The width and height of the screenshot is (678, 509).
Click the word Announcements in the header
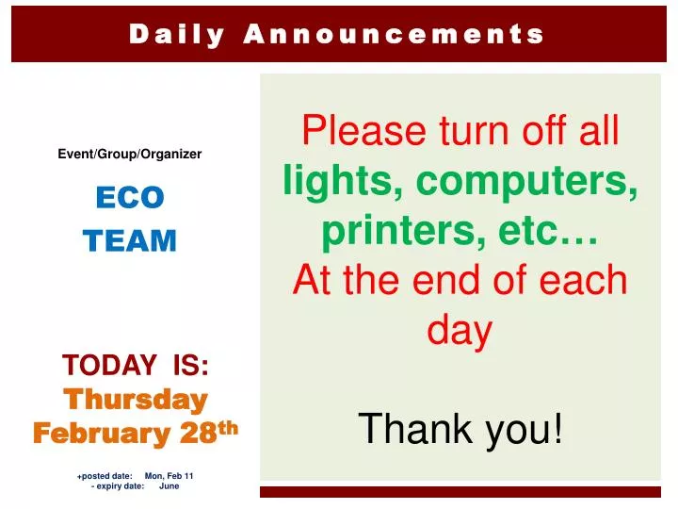[x=394, y=35]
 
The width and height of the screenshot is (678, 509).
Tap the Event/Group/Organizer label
[x=130, y=154]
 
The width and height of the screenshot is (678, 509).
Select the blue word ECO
[x=130, y=197]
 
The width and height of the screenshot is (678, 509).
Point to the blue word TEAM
[x=130, y=241]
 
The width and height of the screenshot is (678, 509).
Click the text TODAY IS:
[x=136, y=364]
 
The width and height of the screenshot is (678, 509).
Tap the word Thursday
[x=136, y=400]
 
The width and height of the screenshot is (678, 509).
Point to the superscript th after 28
[x=229, y=427]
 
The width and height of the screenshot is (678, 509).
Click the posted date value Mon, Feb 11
[x=169, y=476]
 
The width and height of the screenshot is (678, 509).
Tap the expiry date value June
[x=169, y=486]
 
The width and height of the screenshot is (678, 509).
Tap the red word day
[x=460, y=330]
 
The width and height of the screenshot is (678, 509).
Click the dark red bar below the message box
[x=460, y=492]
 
